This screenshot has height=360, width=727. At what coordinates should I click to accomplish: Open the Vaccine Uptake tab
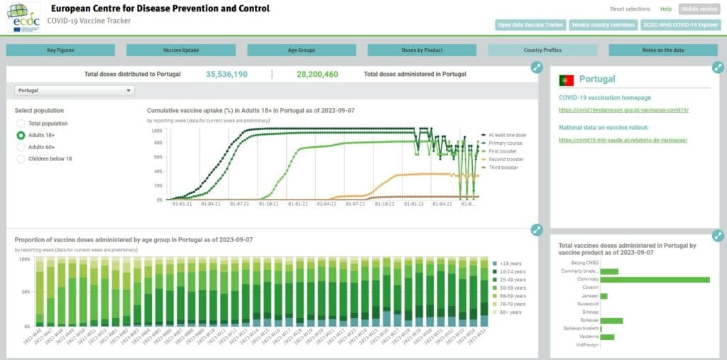point(181,50)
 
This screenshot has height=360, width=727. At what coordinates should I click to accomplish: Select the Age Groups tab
point(302,50)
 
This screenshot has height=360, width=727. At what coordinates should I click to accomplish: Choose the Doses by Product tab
point(422,50)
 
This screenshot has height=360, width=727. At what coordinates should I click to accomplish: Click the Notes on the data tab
point(663,50)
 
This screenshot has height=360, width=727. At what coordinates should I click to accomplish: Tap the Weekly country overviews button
point(603,25)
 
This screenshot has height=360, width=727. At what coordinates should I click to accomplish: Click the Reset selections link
point(630,9)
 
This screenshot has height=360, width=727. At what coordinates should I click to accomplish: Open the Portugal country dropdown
point(75,91)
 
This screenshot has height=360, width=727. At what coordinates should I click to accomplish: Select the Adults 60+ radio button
point(21,147)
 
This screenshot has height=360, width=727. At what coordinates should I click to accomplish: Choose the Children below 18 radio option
point(21,158)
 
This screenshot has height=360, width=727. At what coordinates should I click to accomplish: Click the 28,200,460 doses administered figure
point(317,74)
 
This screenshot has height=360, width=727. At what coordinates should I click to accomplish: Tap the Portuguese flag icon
point(567,80)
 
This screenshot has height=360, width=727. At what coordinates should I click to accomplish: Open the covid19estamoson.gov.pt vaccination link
point(623,110)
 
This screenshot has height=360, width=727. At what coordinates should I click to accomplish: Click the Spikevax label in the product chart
point(589,320)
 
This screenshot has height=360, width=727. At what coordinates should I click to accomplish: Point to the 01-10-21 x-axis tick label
point(268,204)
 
